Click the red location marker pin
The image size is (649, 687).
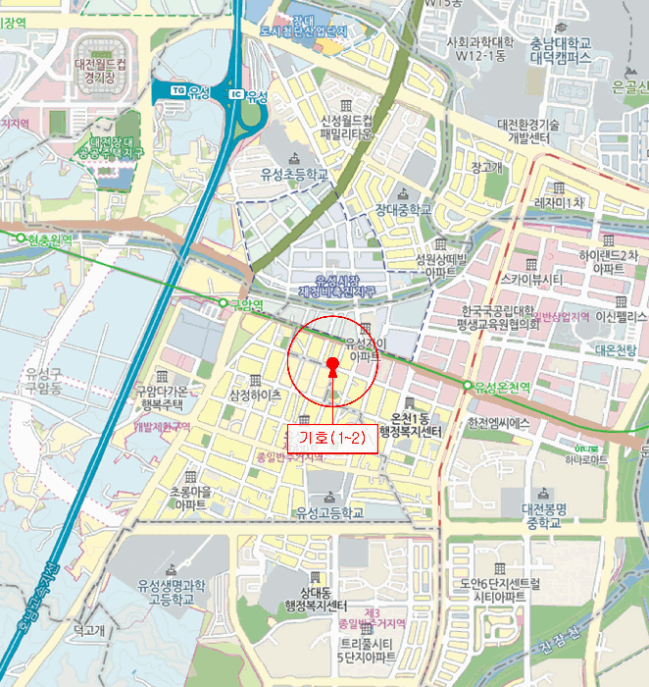[x=332, y=366]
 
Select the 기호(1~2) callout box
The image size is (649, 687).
[x=331, y=438]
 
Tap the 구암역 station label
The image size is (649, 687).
[x=246, y=305]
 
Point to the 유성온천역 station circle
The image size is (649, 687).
[x=468, y=385]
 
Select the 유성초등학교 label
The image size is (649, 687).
[x=293, y=174]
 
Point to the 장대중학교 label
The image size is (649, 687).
[x=403, y=209]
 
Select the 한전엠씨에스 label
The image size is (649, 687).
[x=499, y=423]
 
